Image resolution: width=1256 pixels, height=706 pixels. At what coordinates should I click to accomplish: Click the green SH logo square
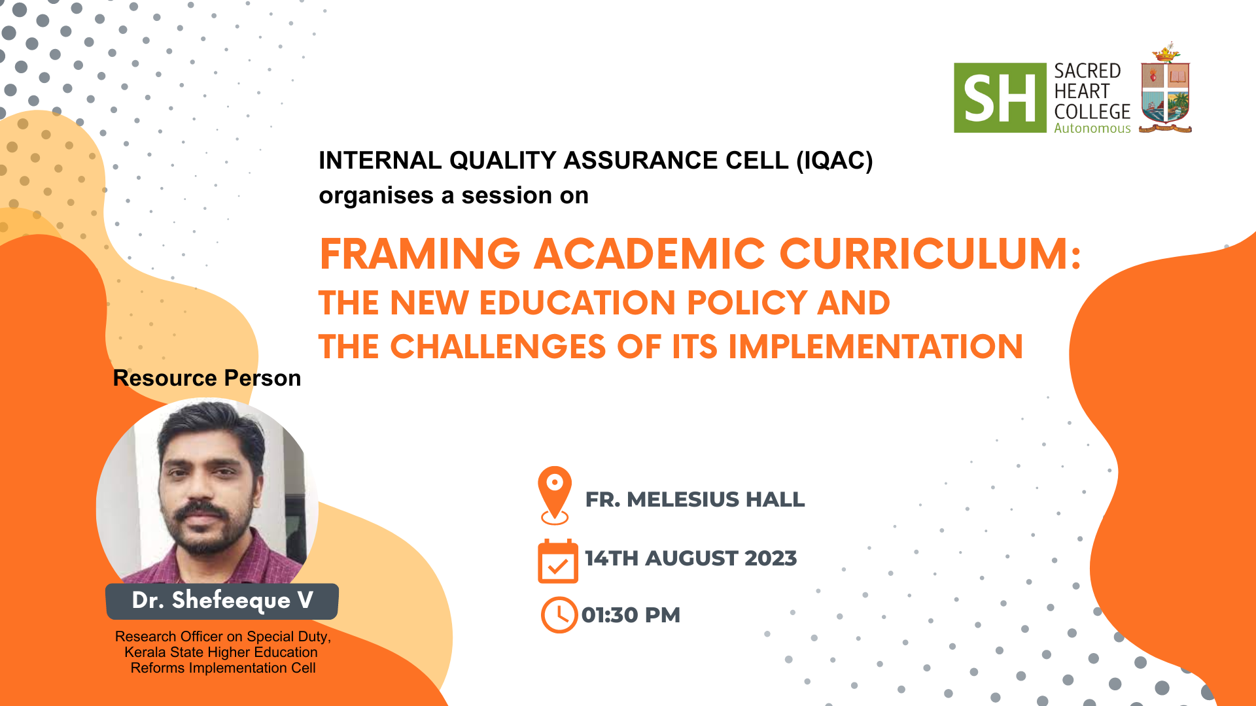click(1000, 98)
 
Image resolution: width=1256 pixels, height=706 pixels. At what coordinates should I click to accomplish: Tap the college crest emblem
click(1165, 88)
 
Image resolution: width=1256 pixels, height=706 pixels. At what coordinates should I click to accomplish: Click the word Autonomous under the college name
click(1092, 128)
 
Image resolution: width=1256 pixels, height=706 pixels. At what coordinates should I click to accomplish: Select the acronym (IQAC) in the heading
click(834, 161)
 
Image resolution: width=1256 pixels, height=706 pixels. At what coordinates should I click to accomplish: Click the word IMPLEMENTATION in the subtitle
click(875, 346)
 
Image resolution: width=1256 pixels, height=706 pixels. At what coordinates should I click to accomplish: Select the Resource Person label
click(207, 378)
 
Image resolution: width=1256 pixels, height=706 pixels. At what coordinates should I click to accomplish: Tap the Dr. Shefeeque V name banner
click(222, 601)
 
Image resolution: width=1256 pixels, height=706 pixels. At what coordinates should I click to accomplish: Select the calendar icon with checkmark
click(557, 561)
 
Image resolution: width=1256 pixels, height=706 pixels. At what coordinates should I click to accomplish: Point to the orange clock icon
click(559, 614)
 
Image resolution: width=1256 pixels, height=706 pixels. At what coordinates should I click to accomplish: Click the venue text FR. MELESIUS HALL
click(695, 499)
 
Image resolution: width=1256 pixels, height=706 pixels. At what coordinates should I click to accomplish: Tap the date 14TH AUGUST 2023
click(691, 558)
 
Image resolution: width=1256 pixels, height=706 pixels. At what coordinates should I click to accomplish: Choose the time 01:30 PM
click(631, 615)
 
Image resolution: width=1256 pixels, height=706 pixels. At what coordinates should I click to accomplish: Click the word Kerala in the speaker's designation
click(142, 652)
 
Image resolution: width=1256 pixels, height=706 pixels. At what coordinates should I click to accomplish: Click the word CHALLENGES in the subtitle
click(498, 346)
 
